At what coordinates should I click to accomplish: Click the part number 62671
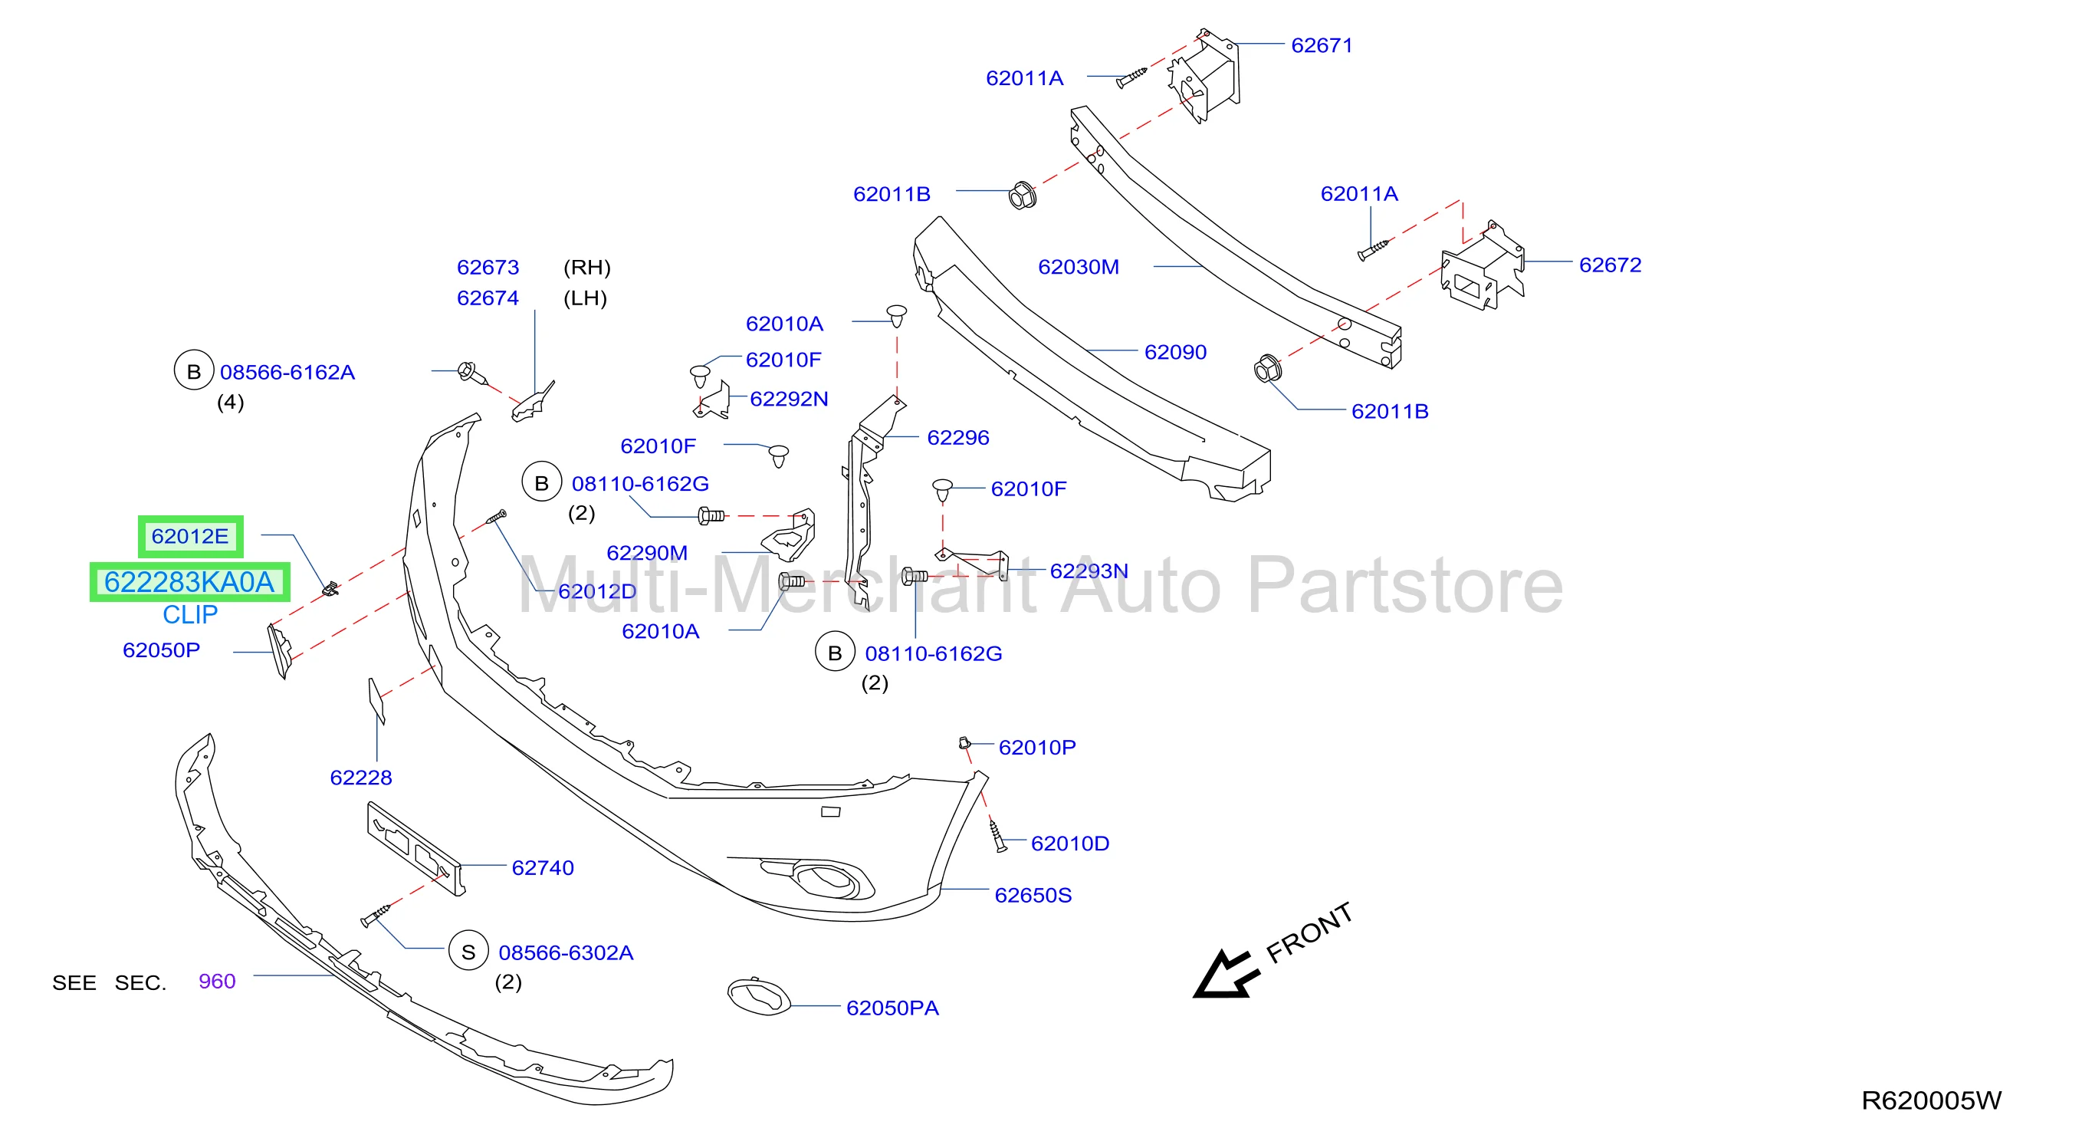(1322, 45)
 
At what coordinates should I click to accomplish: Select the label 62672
(1610, 265)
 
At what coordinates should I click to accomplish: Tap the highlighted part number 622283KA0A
(189, 582)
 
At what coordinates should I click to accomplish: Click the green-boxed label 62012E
(190, 536)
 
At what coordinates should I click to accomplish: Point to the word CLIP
(190, 615)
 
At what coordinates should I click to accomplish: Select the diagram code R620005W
(1932, 1100)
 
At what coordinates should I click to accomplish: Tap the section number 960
(217, 982)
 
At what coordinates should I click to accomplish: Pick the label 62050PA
(892, 1008)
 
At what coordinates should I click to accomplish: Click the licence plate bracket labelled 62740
(415, 848)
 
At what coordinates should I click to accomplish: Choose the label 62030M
(1078, 267)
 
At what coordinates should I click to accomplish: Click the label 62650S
(1033, 895)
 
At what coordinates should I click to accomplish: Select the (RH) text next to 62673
(586, 268)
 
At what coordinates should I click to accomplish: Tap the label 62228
(360, 778)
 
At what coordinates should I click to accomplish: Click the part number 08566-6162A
(287, 372)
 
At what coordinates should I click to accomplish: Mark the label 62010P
(1037, 747)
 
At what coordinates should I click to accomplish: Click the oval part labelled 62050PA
(759, 997)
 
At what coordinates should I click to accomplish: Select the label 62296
(957, 437)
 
